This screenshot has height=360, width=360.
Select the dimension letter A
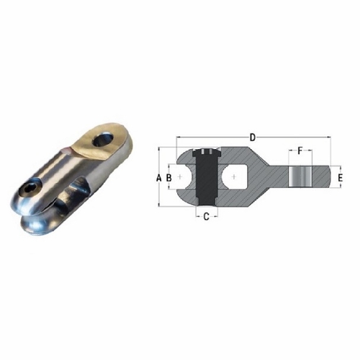(158, 176)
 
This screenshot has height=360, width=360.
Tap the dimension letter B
(168, 176)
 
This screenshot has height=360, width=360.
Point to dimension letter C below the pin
(206, 215)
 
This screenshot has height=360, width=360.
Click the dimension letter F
(300, 152)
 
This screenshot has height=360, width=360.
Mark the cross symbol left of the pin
(180, 176)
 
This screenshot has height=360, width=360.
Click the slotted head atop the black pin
(207, 152)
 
